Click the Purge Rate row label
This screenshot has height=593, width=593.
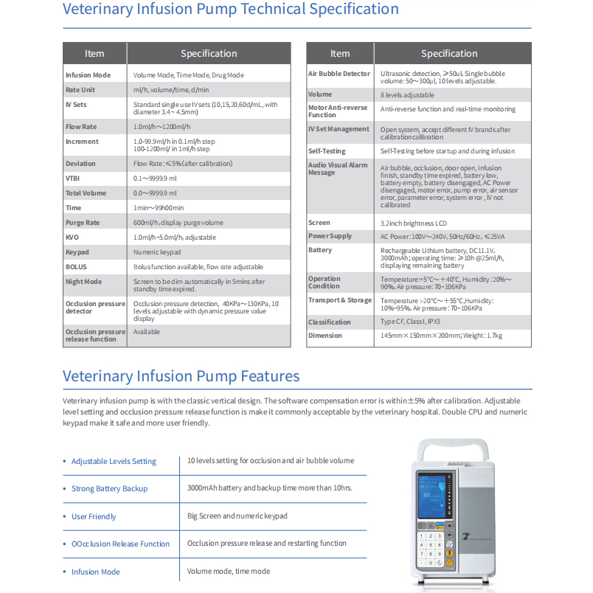[x=83, y=223]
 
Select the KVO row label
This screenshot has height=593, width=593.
[x=72, y=237]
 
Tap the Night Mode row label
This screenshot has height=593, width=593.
[x=84, y=282]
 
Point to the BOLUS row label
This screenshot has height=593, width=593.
[x=76, y=267]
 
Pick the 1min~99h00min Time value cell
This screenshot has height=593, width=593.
[x=159, y=208]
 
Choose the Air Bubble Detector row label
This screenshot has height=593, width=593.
[x=339, y=74]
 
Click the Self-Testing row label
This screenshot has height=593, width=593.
[x=327, y=151]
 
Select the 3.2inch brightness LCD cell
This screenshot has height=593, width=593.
[x=414, y=223]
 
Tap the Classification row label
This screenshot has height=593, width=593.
[x=330, y=322]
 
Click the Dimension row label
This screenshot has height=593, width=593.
[x=325, y=336]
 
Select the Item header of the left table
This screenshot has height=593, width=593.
[x=94, y=53]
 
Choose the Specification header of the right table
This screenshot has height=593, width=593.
[x=449, y=53]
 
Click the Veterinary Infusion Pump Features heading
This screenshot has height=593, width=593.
[x=181, y=375]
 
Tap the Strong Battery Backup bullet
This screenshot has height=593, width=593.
[x=109, y=489]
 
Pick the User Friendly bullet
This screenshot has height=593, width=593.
[x=94, y=516]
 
